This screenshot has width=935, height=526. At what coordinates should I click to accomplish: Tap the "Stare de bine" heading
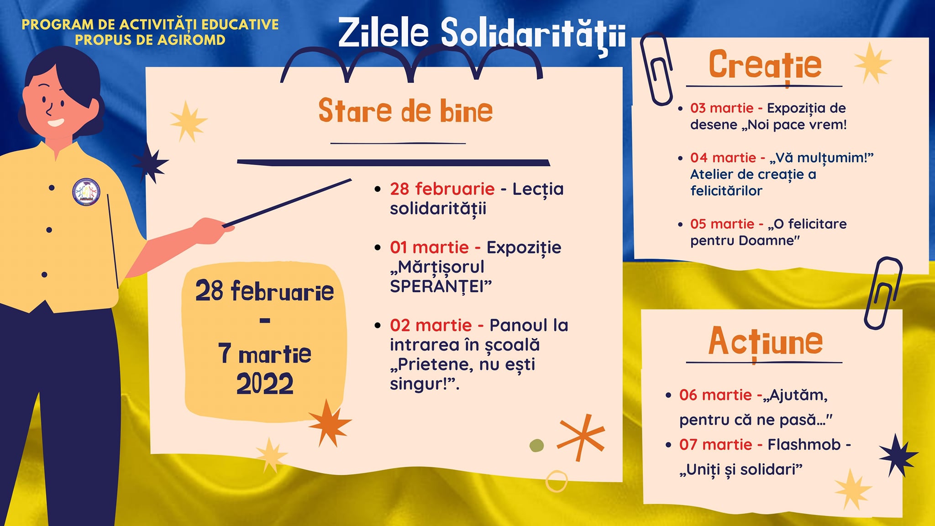[405, 110]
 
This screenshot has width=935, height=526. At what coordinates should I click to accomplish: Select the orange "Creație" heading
[765, 65]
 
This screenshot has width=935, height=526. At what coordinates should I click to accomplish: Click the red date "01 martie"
[429, 247]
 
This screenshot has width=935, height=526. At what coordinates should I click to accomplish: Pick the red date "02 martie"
[431, 325]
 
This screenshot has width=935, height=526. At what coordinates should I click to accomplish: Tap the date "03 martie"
[722, 108]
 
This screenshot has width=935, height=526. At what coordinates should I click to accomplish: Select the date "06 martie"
[715, 395]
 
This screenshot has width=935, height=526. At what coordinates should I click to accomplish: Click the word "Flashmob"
[804, 444]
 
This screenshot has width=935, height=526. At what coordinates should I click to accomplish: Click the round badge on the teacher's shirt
[86, 192]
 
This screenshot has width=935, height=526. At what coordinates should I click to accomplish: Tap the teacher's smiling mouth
[56, 122]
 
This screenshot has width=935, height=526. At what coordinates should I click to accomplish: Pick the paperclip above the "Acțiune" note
[882, 293]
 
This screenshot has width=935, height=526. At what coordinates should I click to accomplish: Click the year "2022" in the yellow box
[265, 384]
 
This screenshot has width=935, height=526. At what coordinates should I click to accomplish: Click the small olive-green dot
[536, 445]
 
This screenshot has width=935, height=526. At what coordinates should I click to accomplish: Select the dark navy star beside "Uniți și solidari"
[898, 456]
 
